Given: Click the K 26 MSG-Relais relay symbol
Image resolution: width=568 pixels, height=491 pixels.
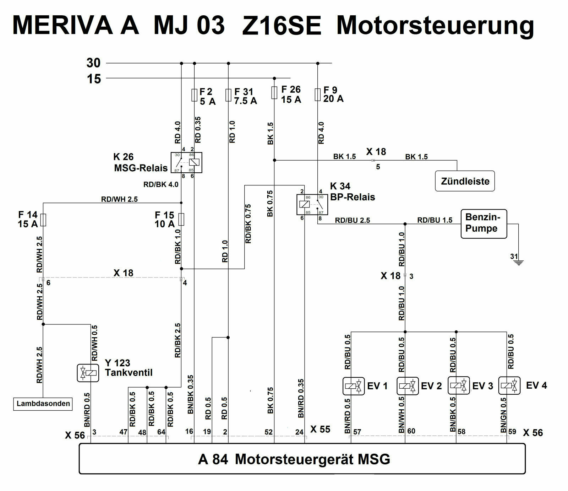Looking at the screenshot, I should pyautogui.click(x=186, y=162).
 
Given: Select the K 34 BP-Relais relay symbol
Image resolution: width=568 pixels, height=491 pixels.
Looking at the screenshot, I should pyautogui.click(x=312, y=204).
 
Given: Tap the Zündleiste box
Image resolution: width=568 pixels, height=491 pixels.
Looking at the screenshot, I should pyautogui.click(x=465, y=181).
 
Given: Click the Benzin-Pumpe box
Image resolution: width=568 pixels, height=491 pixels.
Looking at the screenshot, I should pyautogui.click(x=484, y=223).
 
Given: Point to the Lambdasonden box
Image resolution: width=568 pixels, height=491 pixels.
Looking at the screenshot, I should pyautogui.click(x=43, y=404).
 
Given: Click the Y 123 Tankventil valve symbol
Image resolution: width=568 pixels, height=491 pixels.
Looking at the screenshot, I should pyautogui.click(x=88, y=373).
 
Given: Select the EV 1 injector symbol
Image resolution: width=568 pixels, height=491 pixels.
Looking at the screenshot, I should pyautogui.click(x=354, y=386).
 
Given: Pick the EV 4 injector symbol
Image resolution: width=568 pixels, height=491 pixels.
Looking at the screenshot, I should pyautogui.click(x=509, y=386).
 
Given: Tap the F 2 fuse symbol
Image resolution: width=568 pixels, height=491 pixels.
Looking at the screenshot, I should pyautogui.click(x=194, y=95).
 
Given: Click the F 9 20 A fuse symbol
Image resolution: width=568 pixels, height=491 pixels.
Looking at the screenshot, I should pyautogui.click(x=318, y=95).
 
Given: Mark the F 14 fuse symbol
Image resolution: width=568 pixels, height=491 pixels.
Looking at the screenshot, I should pyautogui.click(x=43, y=220).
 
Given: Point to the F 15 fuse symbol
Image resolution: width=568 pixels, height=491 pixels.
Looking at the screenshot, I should pyautogui.click(x=181, y=219).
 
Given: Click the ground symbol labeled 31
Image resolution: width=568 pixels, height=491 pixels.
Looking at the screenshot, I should pyautogui.click(x=519, y=263).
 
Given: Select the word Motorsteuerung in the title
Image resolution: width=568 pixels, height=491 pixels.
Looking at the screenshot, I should pyautogui.click(x=435, y=26).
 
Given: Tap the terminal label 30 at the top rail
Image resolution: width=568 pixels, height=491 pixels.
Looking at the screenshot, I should pyautogui.click(x=93, y=63).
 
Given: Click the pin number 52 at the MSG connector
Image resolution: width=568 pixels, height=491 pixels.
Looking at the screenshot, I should pyautogui.click(x=268, y=432).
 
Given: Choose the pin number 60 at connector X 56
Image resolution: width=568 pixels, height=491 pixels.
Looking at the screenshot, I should pyautogui.click(x=411, y=431).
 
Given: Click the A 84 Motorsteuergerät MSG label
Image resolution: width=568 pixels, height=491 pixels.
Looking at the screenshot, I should pyautogui.click(x=294, y=459).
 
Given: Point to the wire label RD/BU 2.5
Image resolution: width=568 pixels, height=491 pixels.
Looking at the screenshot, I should pyautogui.click(x=352, y=220).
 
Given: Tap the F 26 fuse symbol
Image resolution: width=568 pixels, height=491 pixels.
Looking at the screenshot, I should pyautogui.click(x=274, y=93).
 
